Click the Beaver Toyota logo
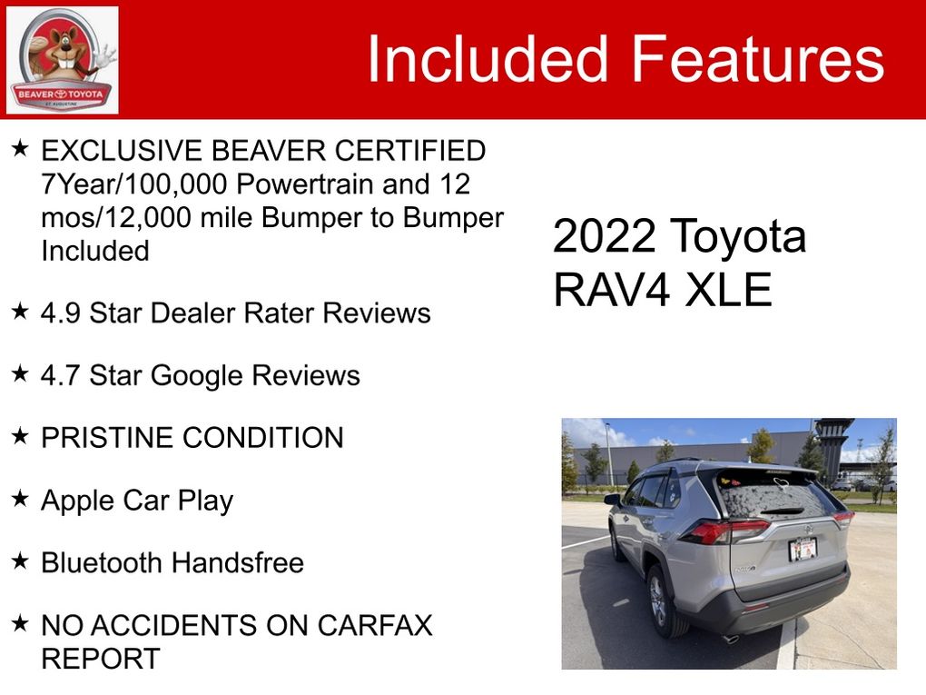62,60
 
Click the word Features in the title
758,58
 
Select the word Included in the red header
488,58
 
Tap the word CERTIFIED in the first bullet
410,151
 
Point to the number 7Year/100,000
134,184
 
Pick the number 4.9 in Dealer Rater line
60,313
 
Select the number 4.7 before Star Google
60,376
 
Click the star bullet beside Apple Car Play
20,499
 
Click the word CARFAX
375,625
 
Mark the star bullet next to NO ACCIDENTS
20,623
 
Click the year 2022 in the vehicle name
605,236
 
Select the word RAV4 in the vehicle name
612,290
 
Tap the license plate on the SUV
803,549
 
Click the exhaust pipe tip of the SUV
731,639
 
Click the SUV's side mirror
613,500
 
